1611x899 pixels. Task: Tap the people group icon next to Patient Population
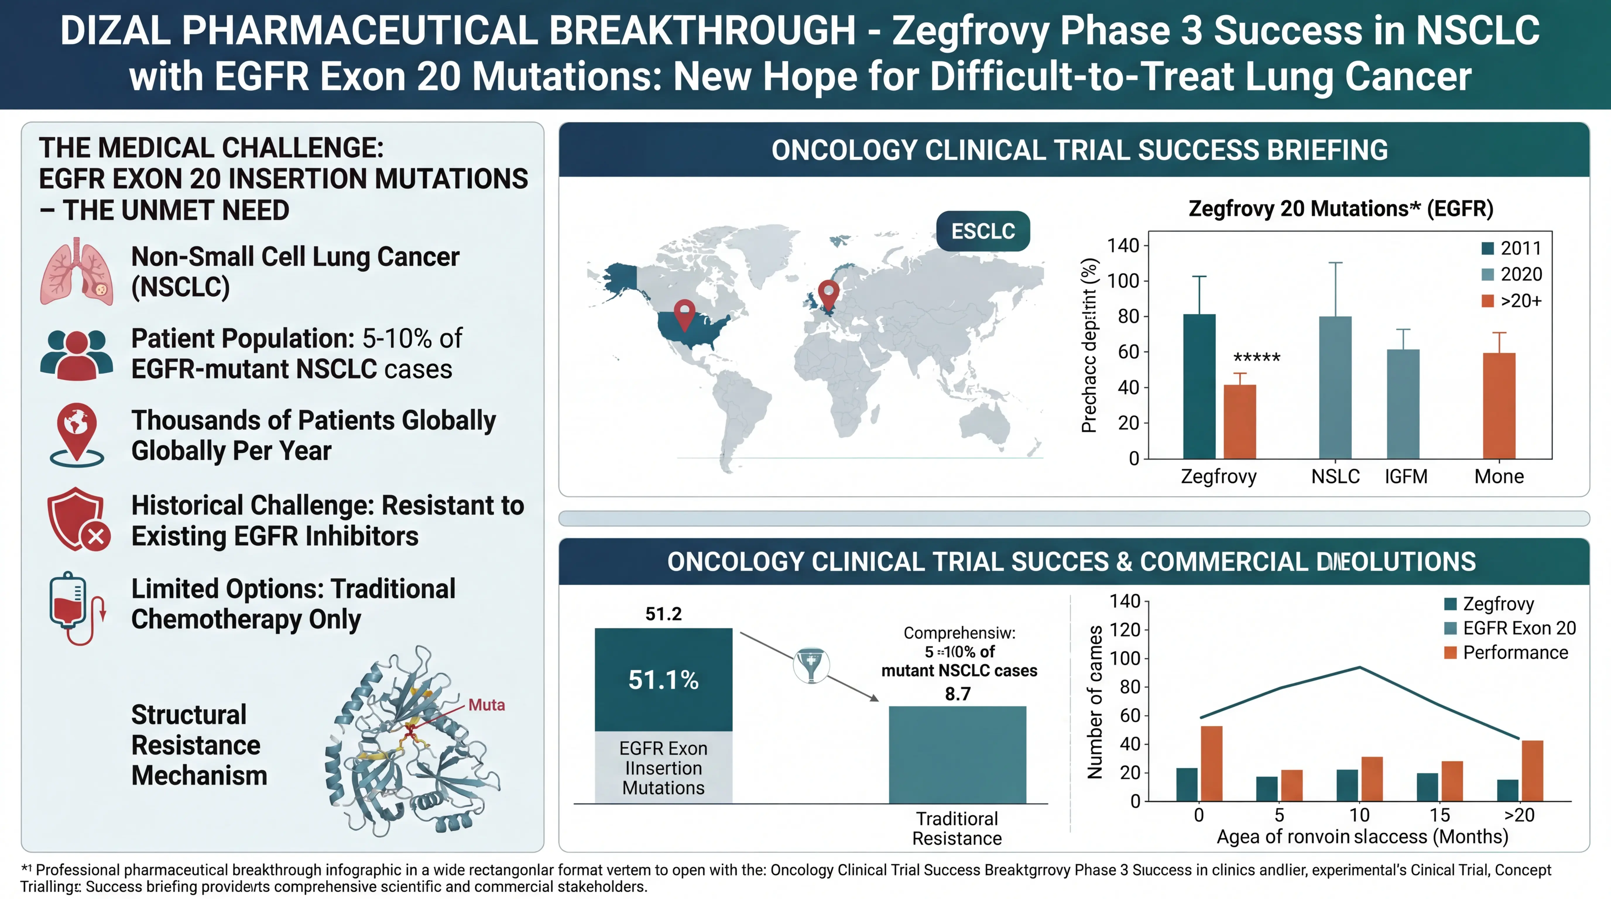coord(76,354)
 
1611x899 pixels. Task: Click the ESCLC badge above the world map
coord(983,231)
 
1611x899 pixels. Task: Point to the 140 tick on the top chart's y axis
coord(1123,246)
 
